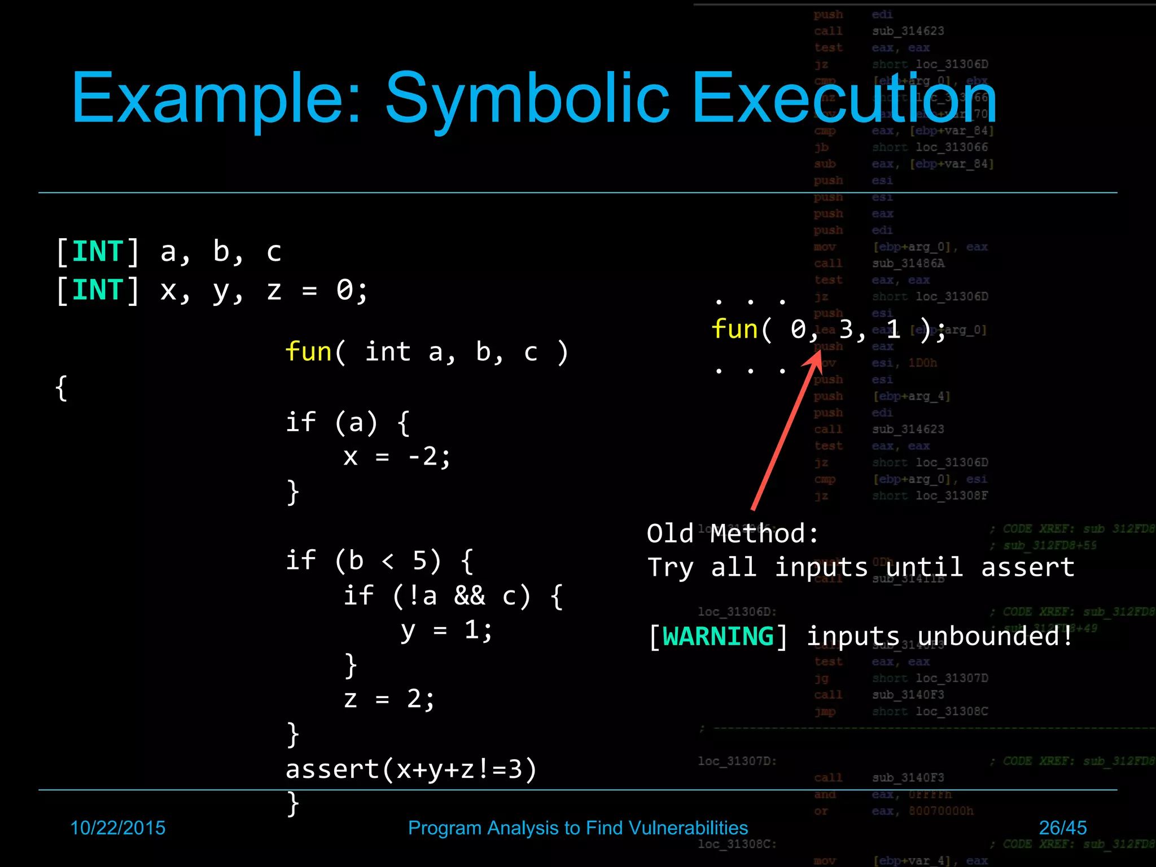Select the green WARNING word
click(717, 637)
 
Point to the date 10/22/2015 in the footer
click(117, 827)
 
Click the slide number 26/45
click(1062, 827)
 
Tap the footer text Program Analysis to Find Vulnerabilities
click(577, 827)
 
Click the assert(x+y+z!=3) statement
click(411, 769)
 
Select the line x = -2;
click(397, 456)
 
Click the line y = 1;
click(446, 630)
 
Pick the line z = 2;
click(389, 699)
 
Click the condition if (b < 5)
click(379, 561)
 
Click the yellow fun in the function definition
click(308, 352)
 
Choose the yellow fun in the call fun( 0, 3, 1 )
click(734, 329)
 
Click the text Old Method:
click(732, 533)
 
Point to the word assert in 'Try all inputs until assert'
click(1027, 567)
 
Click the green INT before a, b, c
click(97, 252)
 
